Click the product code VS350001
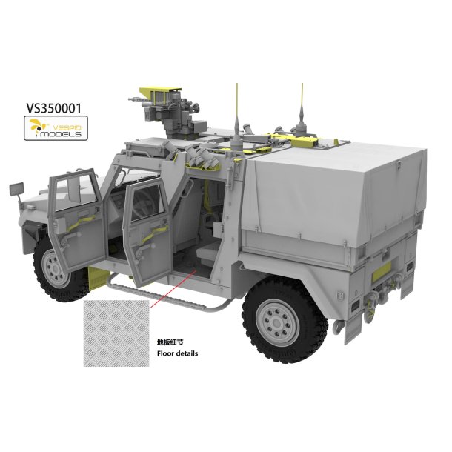(54, 108)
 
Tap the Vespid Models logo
(56, 128)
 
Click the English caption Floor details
(177, 353)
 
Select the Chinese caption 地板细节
(170, 342)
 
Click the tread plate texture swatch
(116, 333)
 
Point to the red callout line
(173, 289)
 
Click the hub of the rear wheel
(277, 322)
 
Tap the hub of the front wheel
(54, 269)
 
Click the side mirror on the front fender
(17, 189)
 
